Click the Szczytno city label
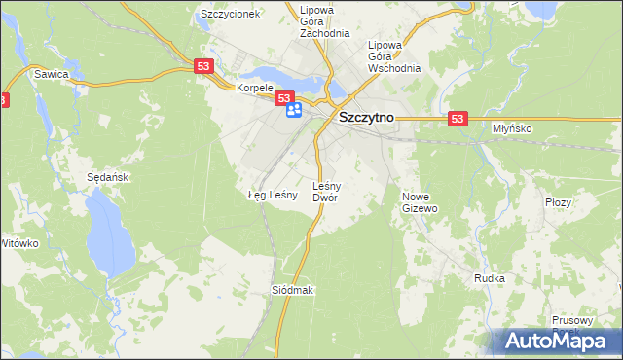(x=365, y=117)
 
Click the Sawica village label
(x=51, y=73)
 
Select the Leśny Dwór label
(x=325, y=191)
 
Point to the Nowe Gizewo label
(x=421, y=201)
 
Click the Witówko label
(x=19, y=242)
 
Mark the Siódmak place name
(x=292, y=291)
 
